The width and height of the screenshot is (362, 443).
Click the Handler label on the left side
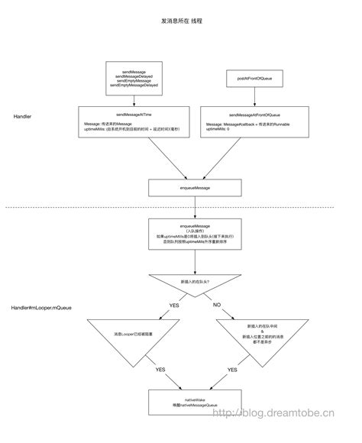point(22,116)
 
